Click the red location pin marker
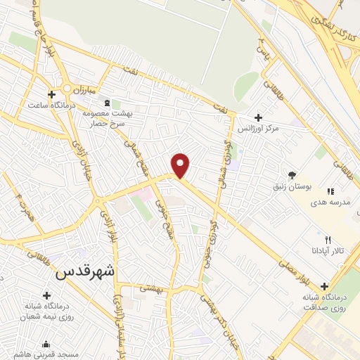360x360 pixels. (x=181, y=165)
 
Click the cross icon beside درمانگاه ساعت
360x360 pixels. (x=51, y=94)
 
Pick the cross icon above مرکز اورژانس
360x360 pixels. (x=258, y=117)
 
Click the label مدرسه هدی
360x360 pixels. (x=329, y=200)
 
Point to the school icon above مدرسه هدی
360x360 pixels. (x=329, y=188)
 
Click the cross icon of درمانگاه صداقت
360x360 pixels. (x=324, y=285)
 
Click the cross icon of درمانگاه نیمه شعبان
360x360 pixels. (x=47, y=295)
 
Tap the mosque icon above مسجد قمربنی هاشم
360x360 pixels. (x=46, y=345)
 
